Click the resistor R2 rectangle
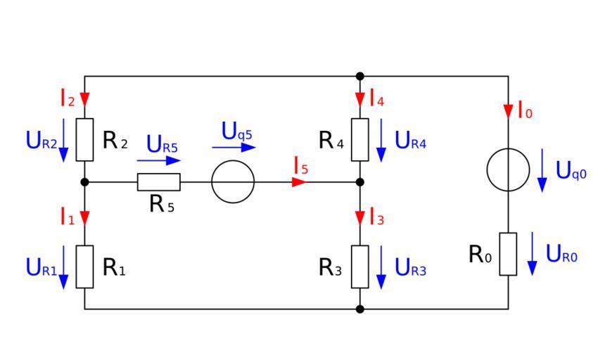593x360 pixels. (x=84, y=139)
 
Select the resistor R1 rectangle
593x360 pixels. (x=84, y=266)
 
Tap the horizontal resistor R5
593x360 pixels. (x=158, y=182)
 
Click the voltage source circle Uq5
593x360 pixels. (x=233, y=182)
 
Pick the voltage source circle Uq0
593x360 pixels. (x=508, y=170)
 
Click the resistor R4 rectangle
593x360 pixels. (x=360, y=139)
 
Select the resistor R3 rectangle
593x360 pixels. (x=360, y=266)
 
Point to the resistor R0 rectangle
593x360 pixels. (x=508, y=254)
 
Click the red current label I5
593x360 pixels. (x=300, y=167)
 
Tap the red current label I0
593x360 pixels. (x=524, y=110)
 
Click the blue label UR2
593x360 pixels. (x=42, y=141)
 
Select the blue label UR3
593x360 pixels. (x=411, y=267)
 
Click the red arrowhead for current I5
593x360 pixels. (x=299, y=182)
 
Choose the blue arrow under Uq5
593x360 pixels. (x=234, y=148)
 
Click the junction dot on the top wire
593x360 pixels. (x=360, y=76)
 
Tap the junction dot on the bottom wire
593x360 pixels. (x=360, y=309)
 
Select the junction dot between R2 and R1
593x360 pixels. (x=84, y=182)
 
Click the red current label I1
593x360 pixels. (x=67, y=217)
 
